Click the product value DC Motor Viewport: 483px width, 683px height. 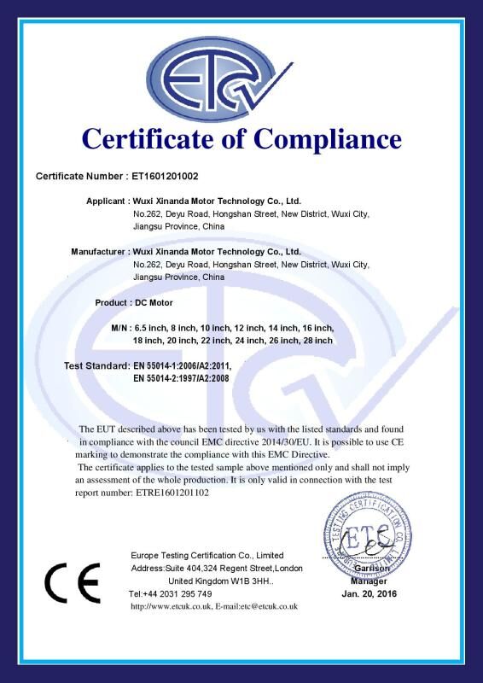(x=154, y=302)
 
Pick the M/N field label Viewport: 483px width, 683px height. (x=119, y=327)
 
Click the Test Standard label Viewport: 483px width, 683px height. (x=97, y=366)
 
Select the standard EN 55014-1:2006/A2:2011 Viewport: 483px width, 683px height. (x=183, y=366)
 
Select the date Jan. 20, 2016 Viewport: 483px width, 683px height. (x=370, y=593)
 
